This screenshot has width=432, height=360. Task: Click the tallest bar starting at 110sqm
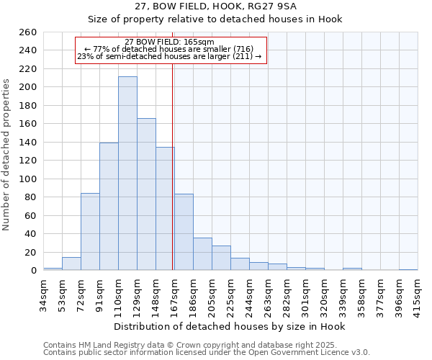coord(127,174)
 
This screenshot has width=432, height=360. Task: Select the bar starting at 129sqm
coord(146,194)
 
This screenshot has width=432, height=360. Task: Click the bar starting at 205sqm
coord(221,258)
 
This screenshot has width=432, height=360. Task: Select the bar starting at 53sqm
coord(71,264)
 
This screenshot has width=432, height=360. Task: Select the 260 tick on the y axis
coord(28,32)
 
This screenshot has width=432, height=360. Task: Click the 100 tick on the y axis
coord(28,179)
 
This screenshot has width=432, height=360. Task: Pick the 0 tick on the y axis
coord(33,270)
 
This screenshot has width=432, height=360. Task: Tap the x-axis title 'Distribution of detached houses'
coord(230,326)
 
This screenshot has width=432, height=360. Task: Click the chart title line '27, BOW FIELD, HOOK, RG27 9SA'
coord(216,6)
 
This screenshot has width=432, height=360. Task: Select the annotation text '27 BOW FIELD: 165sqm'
coord(169,42)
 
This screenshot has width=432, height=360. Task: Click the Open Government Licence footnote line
coord(207,352)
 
